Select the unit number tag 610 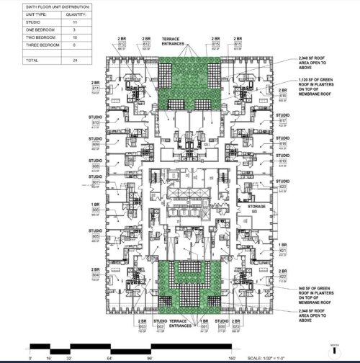96,123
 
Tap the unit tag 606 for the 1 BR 96,210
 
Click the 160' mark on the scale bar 233,357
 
